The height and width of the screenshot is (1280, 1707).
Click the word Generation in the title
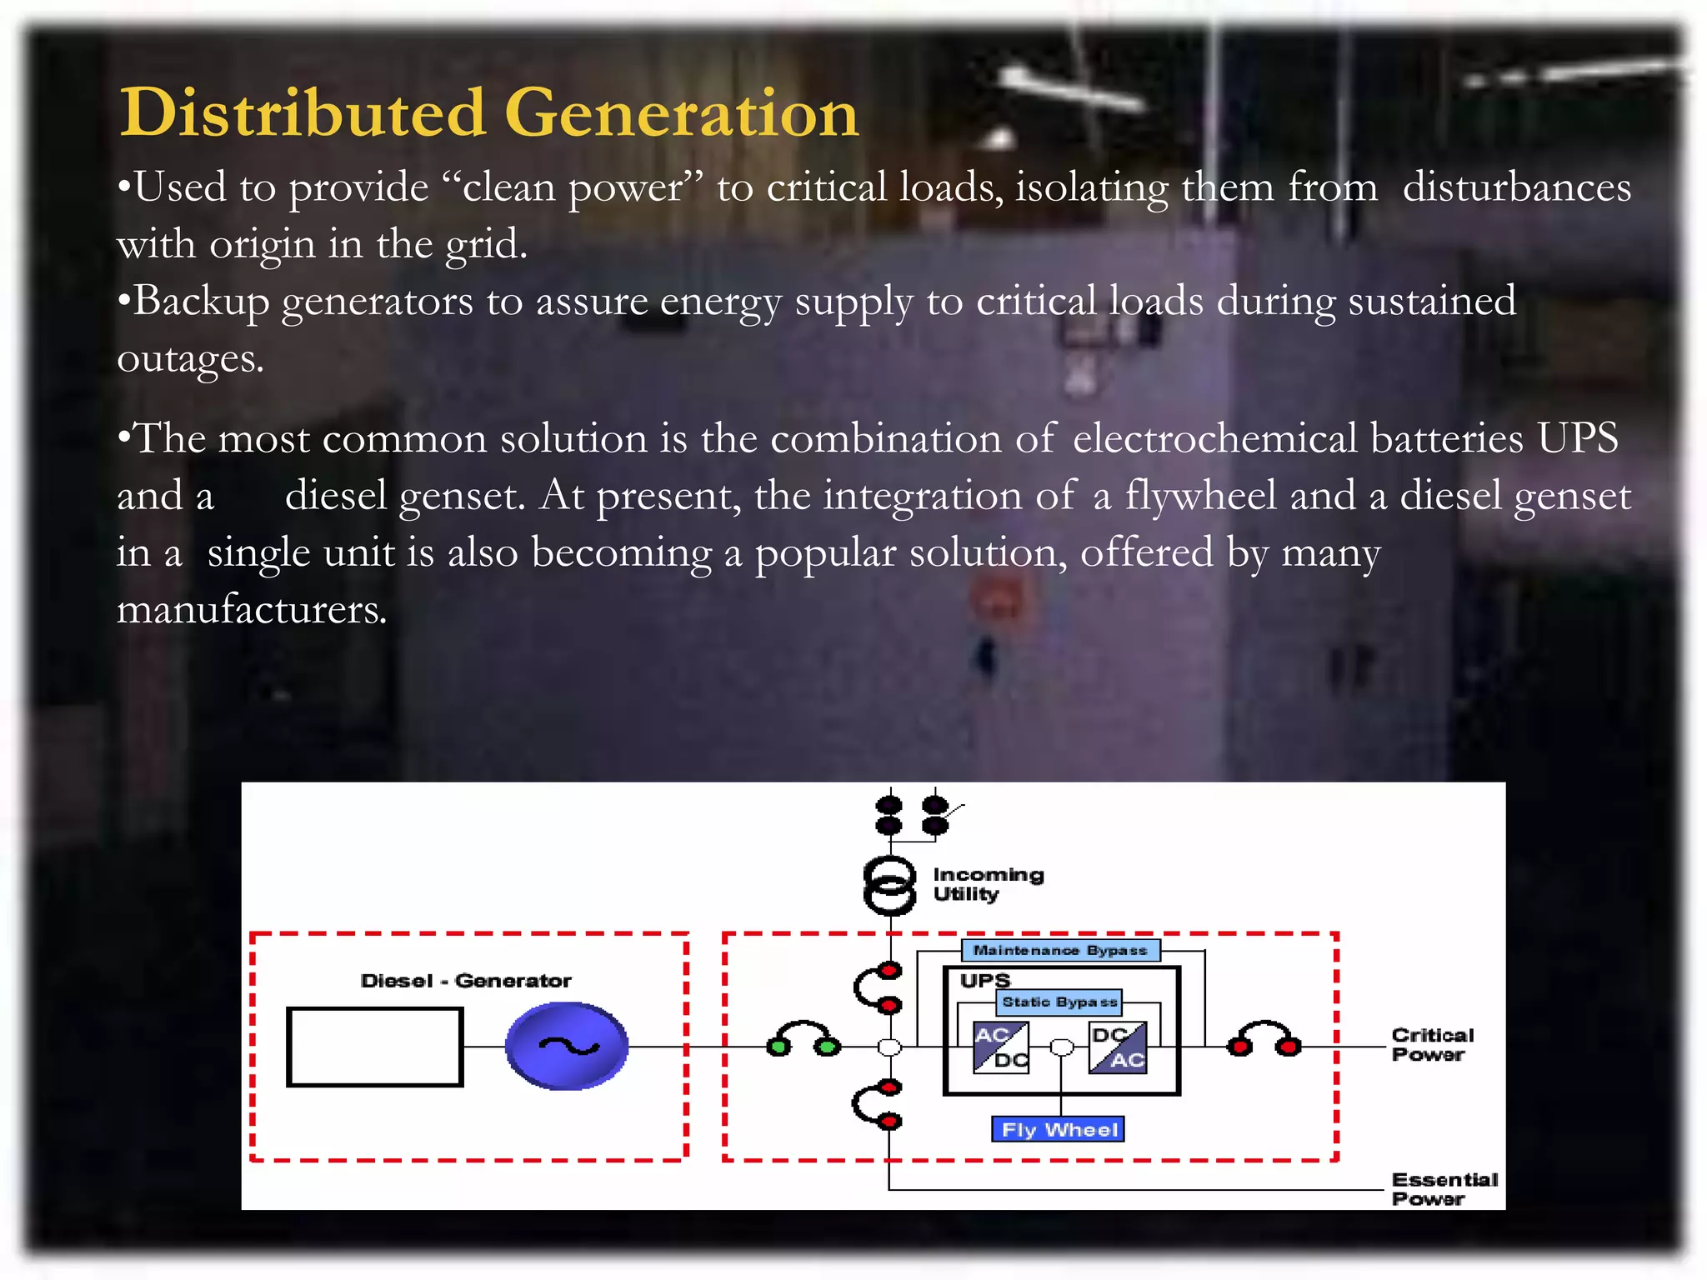point(681,112)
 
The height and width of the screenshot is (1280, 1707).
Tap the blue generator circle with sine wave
point(567,1047)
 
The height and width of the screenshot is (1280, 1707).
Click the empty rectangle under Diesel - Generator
point(374,1047)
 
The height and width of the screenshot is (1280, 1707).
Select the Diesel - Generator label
point(466,981)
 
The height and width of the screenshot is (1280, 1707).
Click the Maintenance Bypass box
point(1060,950)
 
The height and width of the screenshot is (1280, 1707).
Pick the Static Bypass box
point(1059,1002)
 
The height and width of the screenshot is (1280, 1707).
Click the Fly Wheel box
point(1059,1129)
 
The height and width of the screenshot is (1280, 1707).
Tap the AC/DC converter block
point(1000,1047)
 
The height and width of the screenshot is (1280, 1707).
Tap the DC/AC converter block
point(1118,1047)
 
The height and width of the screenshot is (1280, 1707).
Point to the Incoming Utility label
point(988,884)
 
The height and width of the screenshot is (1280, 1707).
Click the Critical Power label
point(1432,1044)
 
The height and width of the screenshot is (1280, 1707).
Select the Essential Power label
point(1444,1189)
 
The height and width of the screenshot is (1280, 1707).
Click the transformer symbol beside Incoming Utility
point(889,885)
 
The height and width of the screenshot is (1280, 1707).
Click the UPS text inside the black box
point(984,981)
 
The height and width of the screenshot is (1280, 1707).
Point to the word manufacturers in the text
point(252,609)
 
